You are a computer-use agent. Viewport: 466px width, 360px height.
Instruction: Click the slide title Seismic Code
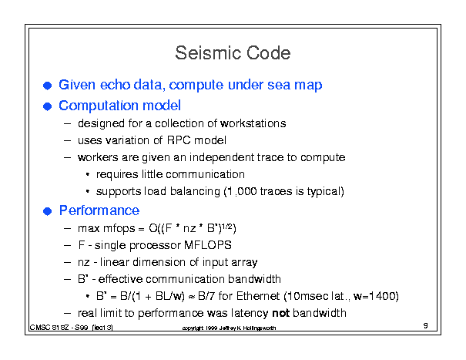point(233,53)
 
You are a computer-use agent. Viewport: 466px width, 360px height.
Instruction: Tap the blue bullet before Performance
point(47,211)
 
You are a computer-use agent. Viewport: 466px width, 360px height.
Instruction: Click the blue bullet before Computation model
point(47,106)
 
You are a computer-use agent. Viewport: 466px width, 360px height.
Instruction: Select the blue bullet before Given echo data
point(47,86)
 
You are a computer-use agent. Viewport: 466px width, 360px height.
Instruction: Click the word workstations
point(253,123)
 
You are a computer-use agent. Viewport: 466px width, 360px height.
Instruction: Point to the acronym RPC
point(179,140)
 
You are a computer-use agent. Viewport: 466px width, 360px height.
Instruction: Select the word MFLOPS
point(208,245)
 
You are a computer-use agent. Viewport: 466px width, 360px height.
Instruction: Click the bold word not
point(280,313)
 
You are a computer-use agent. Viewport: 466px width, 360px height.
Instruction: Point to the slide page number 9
point(426,325)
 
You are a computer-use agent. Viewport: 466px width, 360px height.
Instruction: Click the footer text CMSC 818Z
point(49,328)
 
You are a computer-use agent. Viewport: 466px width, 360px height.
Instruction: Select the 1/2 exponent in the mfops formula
point(227,226)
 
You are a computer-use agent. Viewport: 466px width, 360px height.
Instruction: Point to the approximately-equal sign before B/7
point(192,297)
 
